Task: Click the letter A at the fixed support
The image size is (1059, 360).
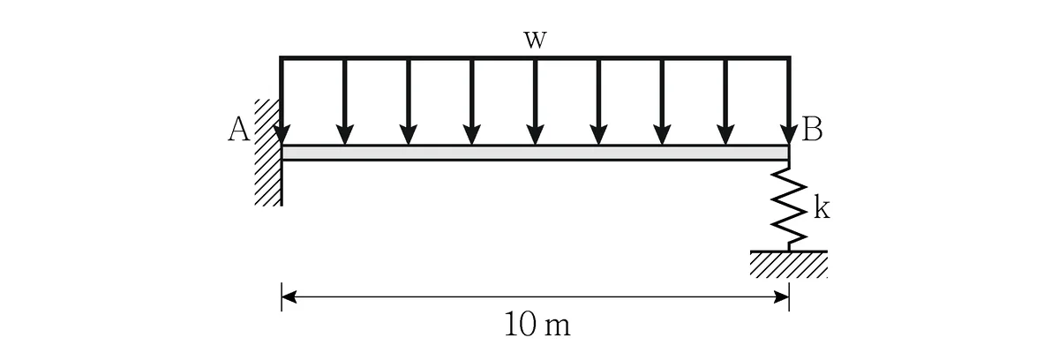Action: tap(239, 129)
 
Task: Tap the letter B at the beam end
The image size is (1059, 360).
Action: tap(812, 129)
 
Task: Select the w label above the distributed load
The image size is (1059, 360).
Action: tap(535, 40)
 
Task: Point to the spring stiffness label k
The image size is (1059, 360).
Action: tap(822, 208)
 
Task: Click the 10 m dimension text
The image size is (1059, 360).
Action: tap(537, 325)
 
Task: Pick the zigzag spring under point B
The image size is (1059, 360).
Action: tap(789, 206)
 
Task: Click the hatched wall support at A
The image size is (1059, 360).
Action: tap(268, 152)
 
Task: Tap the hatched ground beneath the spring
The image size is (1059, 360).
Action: tap(789, 264)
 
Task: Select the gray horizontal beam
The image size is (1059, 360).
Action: tap(535, 153)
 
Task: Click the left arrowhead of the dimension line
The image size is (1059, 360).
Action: tap(289, 297)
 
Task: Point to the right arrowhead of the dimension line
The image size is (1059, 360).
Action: tap(782, 297)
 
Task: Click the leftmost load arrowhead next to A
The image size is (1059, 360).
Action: tap(282, 135)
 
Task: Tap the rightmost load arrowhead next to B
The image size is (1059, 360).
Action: tap(789, 135)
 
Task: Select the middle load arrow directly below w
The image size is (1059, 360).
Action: tap(535, 101)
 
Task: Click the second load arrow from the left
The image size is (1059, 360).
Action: tap(345, 101)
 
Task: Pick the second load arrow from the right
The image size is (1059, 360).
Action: tap(725, 101)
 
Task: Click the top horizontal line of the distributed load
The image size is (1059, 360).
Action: tap(535, 58)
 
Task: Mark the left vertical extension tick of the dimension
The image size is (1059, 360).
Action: tap(282, 297)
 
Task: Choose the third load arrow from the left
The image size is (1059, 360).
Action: tap(408, 101)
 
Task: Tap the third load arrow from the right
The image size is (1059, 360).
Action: tap(662, 101)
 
